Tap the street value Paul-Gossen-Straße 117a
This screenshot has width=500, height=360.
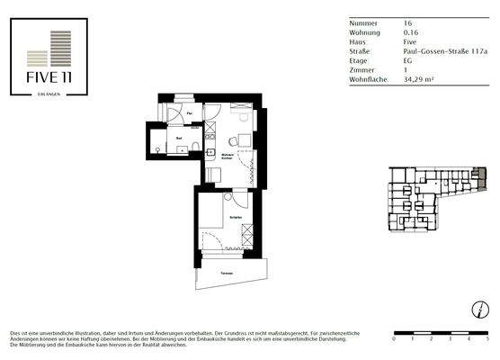[444, 54]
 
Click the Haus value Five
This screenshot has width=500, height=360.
[409, 42]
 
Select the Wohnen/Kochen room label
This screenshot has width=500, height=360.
[229, 157]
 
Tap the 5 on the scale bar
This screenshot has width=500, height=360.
[487, 341]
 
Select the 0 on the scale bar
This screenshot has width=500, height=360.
[394, 341]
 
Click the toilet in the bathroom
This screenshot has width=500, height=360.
[159, 149]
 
